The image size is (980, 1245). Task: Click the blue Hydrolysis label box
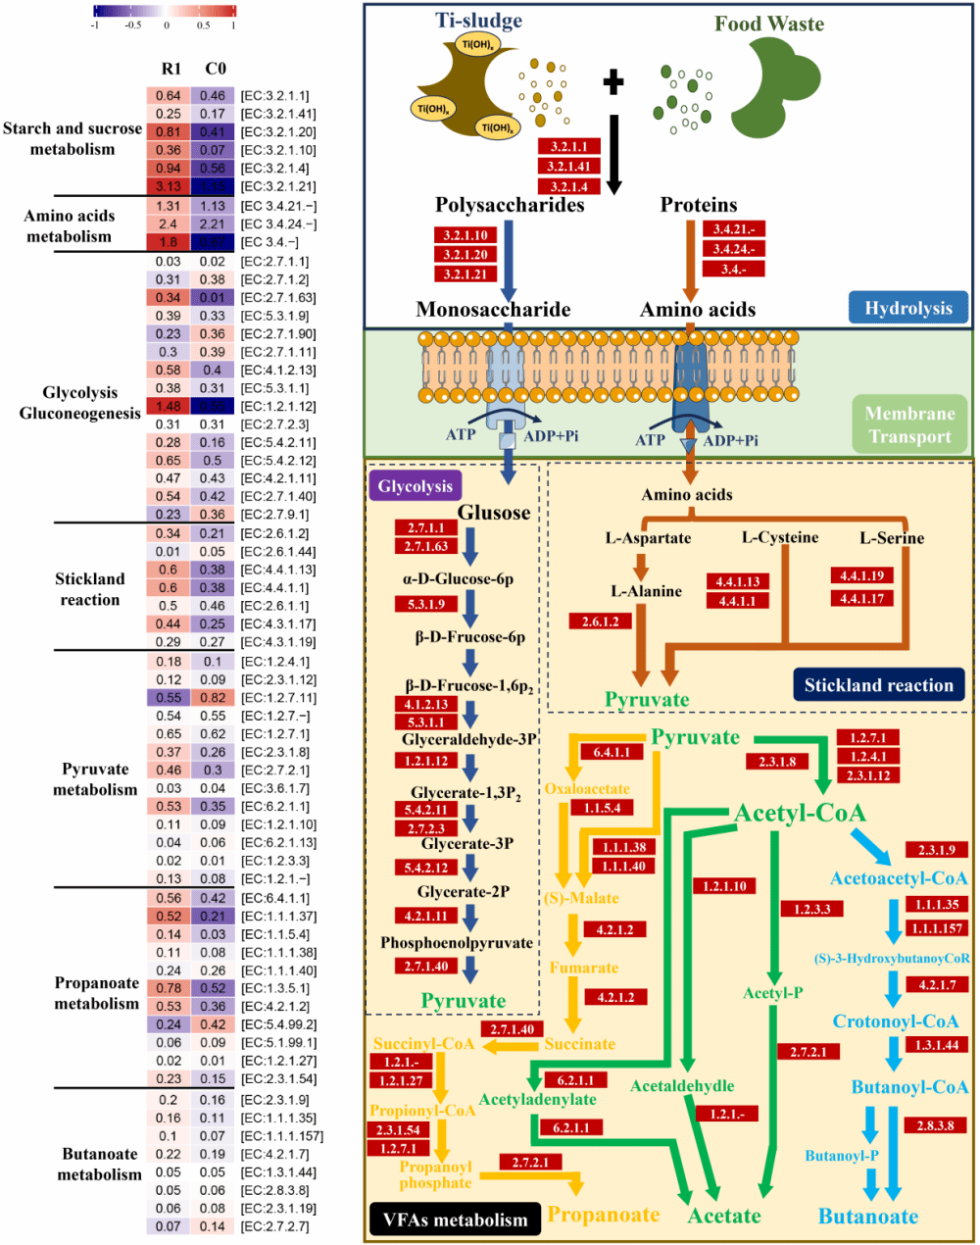tap(907, 309)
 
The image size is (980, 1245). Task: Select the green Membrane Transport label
tap(909, 425)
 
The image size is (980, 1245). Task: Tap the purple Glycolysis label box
tap(416, 486)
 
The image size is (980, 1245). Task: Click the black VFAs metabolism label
tap(455, 1220)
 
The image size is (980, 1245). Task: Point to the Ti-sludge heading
tap(479, 21)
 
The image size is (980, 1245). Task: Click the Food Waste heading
tap(769, 24)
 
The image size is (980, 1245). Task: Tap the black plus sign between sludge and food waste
tap(613, 82)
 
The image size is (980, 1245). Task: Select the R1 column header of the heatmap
tap(171, 69)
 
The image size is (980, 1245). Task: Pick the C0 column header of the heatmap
tap(216, 69)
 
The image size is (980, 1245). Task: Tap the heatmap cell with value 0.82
tap(213, 698)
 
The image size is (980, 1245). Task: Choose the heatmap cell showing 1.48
tap(169, 407)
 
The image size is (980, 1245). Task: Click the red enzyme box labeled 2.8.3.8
tap(935, 1125)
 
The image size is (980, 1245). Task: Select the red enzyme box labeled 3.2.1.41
tap(568, 167)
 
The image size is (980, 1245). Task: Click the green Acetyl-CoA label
tap(800, 813)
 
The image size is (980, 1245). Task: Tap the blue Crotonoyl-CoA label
tap(896, 1021)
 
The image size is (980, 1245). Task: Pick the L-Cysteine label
tap(780, 537)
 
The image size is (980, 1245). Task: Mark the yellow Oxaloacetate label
tap(587, 789)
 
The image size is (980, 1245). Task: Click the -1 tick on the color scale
tap(94, 25)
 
